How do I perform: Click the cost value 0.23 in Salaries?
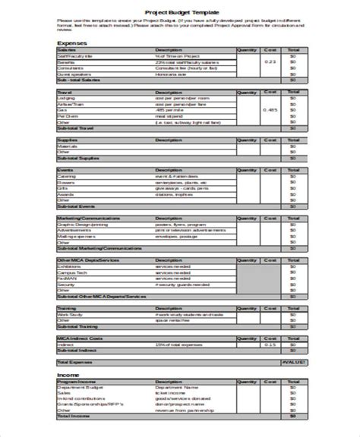click(270, 61)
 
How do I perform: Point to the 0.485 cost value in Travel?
click(270, 110)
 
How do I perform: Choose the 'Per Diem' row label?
click(68, 116)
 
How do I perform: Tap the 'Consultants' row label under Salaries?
click(71, 68)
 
